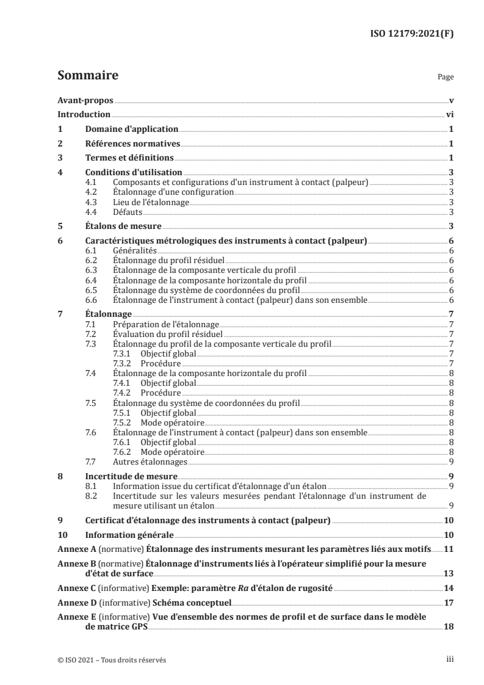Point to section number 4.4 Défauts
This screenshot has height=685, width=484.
[x=92, y=212]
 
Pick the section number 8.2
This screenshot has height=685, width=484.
[x=92, y=496]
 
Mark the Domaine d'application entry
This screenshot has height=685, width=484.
[x=131, y=129]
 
